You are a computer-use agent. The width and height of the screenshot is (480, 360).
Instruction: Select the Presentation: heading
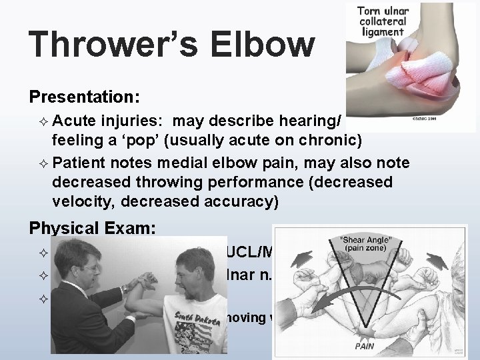[84, 97]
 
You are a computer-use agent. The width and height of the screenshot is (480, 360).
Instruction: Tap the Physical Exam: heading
[92, 228]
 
